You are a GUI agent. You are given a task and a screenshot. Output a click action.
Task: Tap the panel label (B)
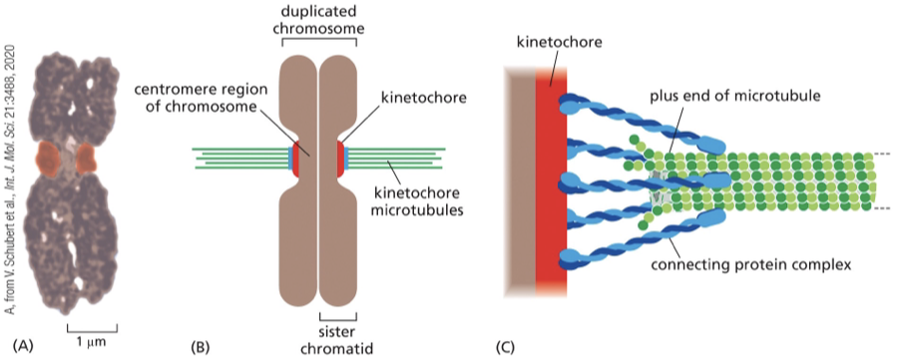(201, 346)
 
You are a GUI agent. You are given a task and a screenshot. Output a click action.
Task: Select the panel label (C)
(506, 346)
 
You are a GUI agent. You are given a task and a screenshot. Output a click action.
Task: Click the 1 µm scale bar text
(91, 342)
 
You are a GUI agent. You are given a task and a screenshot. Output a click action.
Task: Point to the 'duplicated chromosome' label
(319, 20)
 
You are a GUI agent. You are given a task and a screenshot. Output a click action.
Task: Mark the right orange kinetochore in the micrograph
(86, 157)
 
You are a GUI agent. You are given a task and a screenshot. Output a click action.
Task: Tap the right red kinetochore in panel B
(342, 156)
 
